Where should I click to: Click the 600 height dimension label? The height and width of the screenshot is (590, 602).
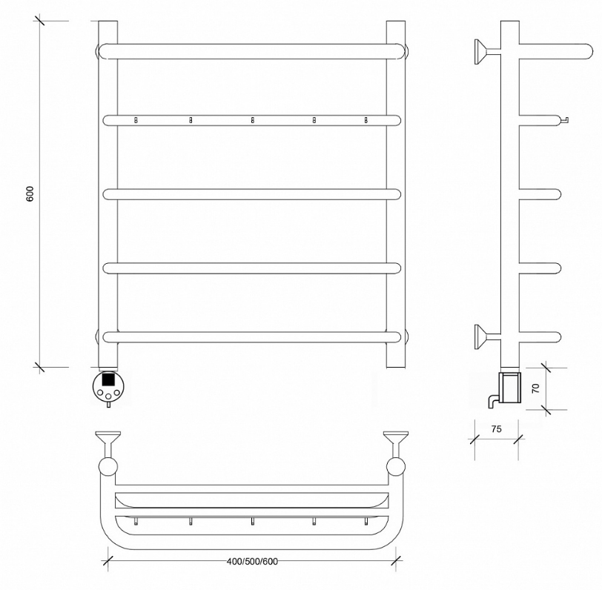tap(30, 194)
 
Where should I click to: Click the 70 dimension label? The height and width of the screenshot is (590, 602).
tap(536, 388)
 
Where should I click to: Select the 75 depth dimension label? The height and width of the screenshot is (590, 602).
tap(497, 428)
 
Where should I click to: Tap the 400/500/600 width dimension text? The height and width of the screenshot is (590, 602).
tap(252, 562)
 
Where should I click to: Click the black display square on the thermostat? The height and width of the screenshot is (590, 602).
tap(108, 379)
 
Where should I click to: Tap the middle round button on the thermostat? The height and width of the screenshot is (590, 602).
tap(108, 396)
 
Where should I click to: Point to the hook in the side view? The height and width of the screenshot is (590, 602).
tap(564, 120)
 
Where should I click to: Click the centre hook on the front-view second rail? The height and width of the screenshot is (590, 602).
tap(252, 120)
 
